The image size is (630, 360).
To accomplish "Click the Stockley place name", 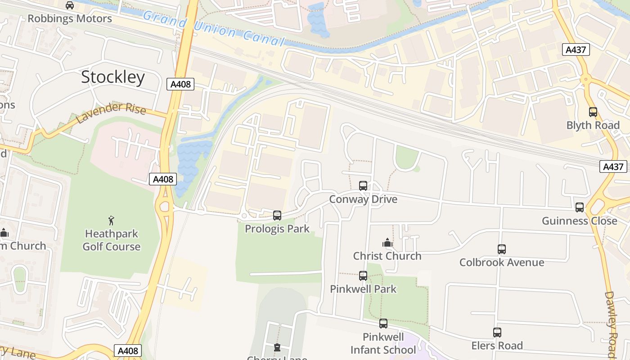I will click(113, 77).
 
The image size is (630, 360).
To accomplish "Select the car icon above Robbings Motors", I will click(70, 5).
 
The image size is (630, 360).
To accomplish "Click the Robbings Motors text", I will click(70, 18).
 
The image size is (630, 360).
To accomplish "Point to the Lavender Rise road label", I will click(111, 113).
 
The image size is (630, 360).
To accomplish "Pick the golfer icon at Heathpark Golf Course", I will click(112, 220).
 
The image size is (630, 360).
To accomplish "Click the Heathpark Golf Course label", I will click(112, 240).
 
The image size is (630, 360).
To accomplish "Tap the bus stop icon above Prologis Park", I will click(277, 216).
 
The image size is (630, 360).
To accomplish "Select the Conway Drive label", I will click(363, 199).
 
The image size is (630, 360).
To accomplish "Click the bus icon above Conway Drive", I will click(363, 185).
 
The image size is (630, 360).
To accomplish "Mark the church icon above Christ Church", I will click(387, 243).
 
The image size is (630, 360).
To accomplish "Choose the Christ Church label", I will click(387, 256).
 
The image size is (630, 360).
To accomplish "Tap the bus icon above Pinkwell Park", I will click(363, 275).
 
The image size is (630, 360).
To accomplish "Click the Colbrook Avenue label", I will click(502, 262).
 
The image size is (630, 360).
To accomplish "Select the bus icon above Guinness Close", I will click(580, 207).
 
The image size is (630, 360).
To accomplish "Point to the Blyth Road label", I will click(593, 125).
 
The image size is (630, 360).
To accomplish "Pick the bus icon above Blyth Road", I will click(593, 112).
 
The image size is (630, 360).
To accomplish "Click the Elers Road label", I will click(497, 346).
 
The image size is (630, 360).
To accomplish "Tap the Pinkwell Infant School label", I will click(383, 343).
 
